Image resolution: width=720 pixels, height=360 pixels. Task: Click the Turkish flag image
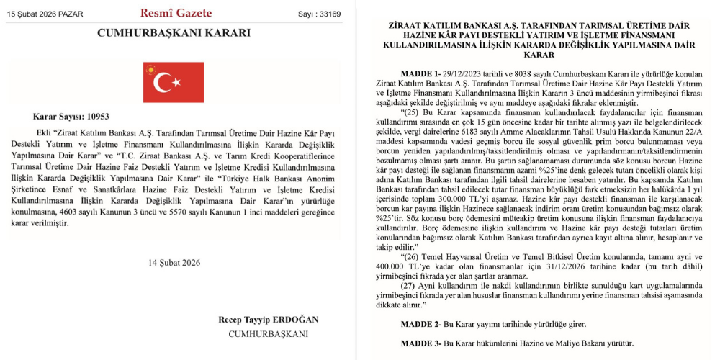coord(174,82)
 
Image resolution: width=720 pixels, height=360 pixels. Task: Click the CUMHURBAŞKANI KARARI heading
coord(174,33)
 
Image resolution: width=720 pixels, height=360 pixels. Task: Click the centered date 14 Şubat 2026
coord(174,263)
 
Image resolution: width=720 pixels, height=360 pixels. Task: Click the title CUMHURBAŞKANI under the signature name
coord(268,333)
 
